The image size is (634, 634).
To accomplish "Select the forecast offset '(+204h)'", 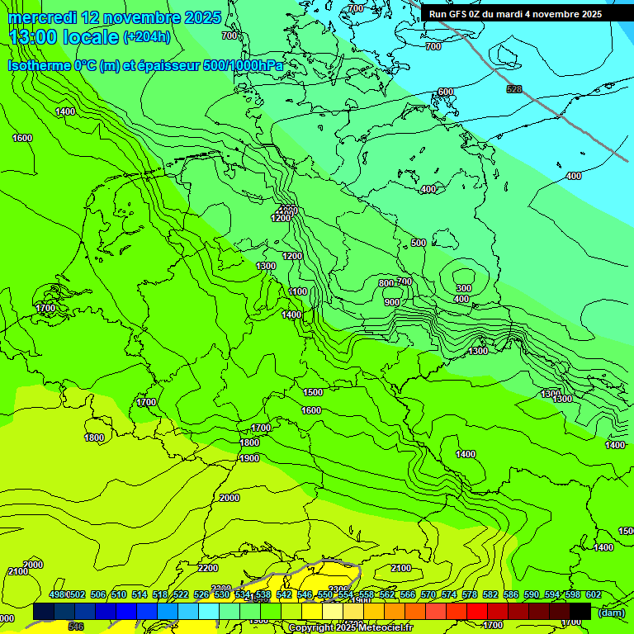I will pyautogui.click(x=146, y=37).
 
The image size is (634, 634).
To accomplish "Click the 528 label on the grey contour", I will pyautogui.click(x=513, y=89).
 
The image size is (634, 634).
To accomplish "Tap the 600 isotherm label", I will pyautogui.click(x=446, y=92).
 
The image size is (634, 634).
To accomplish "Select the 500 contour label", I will pyautogui.click(x=419, y=243).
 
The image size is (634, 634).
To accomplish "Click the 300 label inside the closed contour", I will pyautogui.click(x=463, y=288).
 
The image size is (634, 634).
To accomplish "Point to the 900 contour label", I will pyautogui.click(x=391, y=302).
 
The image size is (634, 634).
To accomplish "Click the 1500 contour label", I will pyautogui.click(x=312, y=393).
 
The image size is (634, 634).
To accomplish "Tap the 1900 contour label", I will pyautogui.click(x=249, y=458).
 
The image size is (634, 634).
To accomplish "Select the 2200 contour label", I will pyautogui.click(x=208, y=568).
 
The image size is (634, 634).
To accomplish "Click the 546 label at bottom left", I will pyautogui.click(x=76, y=627).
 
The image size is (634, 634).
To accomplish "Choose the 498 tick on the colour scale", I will pyautogui.click(x=57, y=595).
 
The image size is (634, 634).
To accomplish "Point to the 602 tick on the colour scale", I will pyautogui.click(x=594, y=595).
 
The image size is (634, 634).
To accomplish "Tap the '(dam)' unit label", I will pyautogui.click(x=611, y=613).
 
